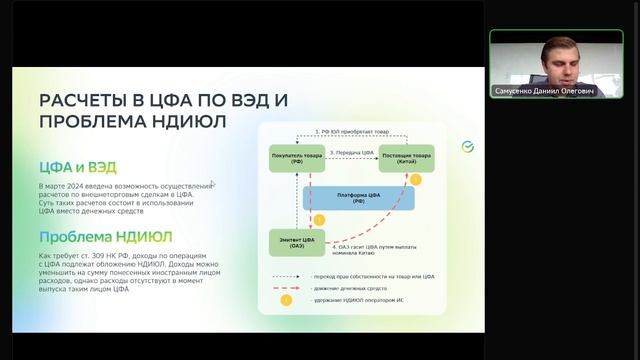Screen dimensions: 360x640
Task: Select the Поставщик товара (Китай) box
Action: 406,158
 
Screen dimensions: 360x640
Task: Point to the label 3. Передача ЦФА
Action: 349,151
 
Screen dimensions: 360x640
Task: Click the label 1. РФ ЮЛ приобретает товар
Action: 349,131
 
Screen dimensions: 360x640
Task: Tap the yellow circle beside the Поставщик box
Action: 417,181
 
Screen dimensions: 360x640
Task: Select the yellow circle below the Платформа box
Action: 320,219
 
